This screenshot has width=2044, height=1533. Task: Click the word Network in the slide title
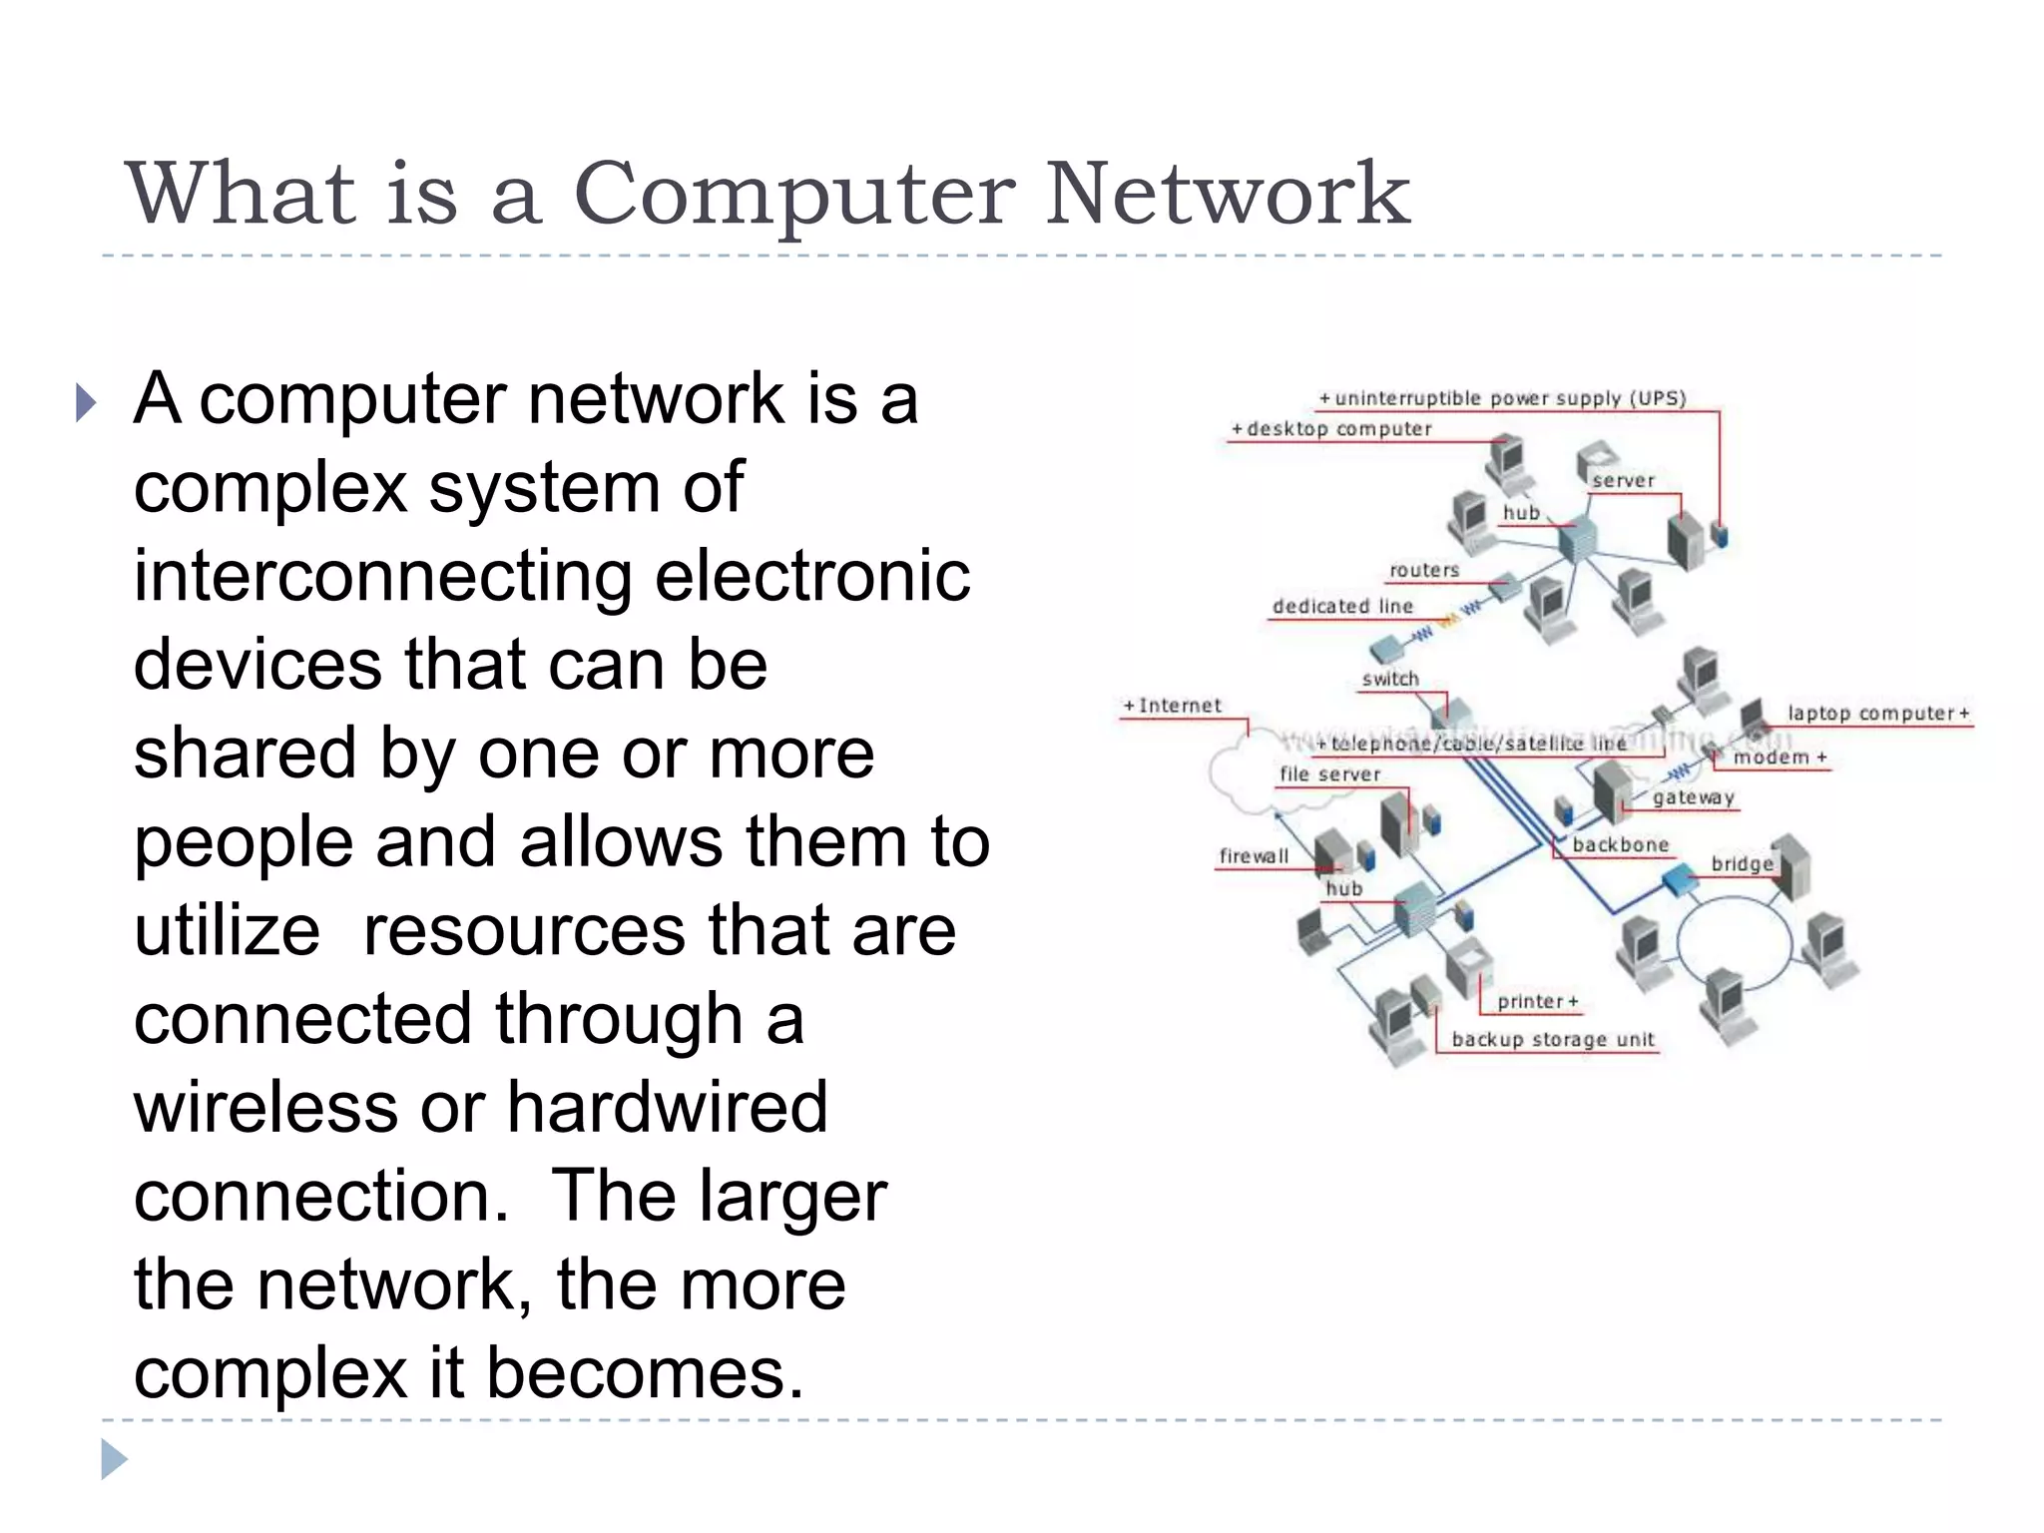(x=1227, y=194)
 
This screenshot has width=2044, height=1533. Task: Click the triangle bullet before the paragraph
(x=87, y=403)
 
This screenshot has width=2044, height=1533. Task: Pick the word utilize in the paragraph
(x=228, y=930)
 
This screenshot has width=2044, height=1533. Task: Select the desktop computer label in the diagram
(x=1332, y=429)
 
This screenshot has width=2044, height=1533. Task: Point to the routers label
(x=1424, y=570)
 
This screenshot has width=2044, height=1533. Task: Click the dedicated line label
(x=1342, y=606)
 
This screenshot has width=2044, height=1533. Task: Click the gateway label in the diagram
(x=1693, y=797)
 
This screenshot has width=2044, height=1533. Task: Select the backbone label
(x=1620, y=845)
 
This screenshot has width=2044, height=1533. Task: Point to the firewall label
(x=1254, y=856)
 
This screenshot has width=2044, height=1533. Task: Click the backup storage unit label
(x=1553, y=1039)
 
